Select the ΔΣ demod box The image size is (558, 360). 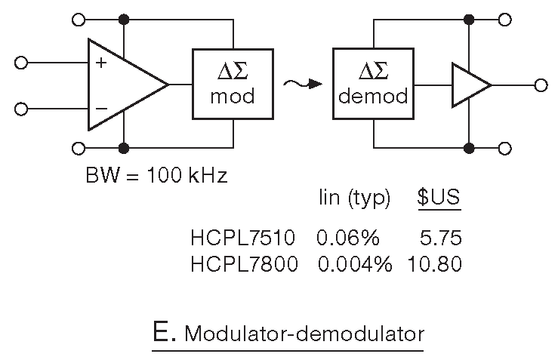(374, 84)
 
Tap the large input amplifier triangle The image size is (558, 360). (121, 85)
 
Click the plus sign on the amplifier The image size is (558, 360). (101, 63)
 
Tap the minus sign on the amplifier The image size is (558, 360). (101, 107)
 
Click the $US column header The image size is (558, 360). (439, 198)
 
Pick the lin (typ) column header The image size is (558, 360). (353, 199)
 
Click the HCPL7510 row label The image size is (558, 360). (244, 238)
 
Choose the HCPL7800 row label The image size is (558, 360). (244, 264)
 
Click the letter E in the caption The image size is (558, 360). (160, 332)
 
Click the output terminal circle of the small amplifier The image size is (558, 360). (540, 85)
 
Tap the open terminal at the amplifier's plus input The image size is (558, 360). (21, 63)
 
